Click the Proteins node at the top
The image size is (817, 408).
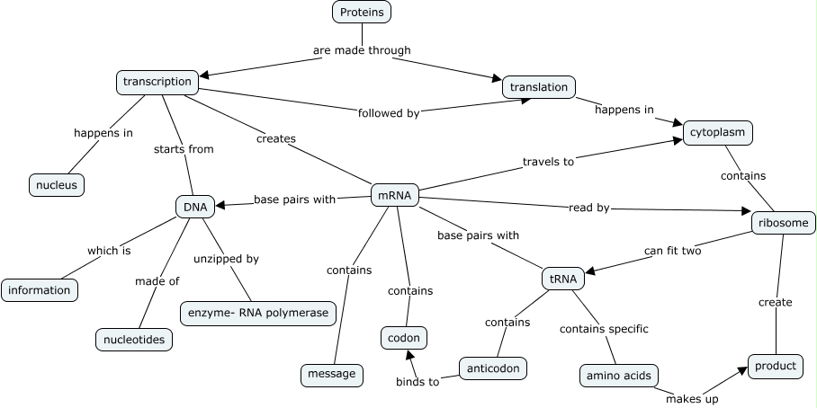(x=362, y=12)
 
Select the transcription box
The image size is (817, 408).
(x=157, y=82)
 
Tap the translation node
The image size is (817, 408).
(x=538, y=87)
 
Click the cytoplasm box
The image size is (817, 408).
(x=717, y=133)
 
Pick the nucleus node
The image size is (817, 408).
(x=57, y=185)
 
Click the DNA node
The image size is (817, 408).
(x=195, y=207)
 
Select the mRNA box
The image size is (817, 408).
(x=395, y=194)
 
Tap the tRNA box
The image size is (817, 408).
(x=563, y=279)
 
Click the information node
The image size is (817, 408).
(x=40, y=290)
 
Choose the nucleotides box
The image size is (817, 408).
(x=134, y=339)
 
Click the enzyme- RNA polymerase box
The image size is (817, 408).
(x=259, y=314)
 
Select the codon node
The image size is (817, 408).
(x=403, y=338)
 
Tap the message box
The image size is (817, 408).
(x=331, y=373)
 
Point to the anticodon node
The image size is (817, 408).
(x=492, y=368)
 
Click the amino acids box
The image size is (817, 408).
(x=618, y=375)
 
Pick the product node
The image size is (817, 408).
(x=775, y=366)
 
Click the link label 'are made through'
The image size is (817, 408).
(x=362, y=50)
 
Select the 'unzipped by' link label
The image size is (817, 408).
(x=226, y=259)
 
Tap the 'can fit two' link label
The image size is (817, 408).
(x=672, y=250)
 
